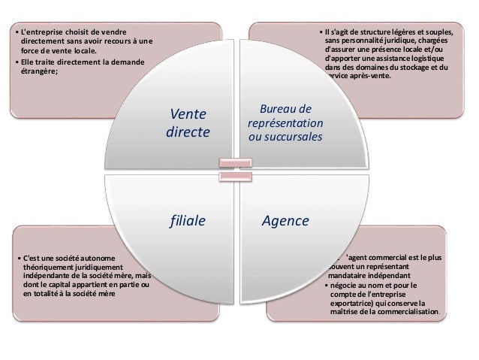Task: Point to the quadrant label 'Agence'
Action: (285, 221)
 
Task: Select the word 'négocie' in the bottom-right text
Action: (346, 284)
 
